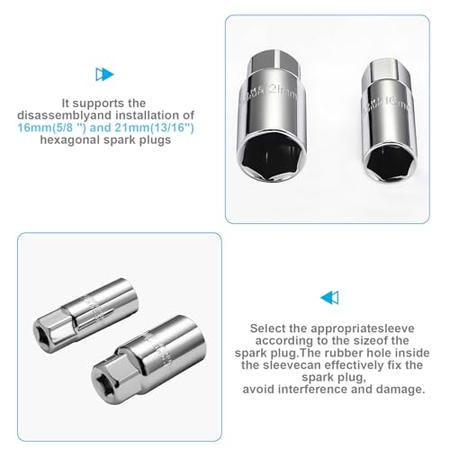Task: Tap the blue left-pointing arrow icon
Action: (x=330, y=297)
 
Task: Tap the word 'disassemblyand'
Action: (x=60, y=117)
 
